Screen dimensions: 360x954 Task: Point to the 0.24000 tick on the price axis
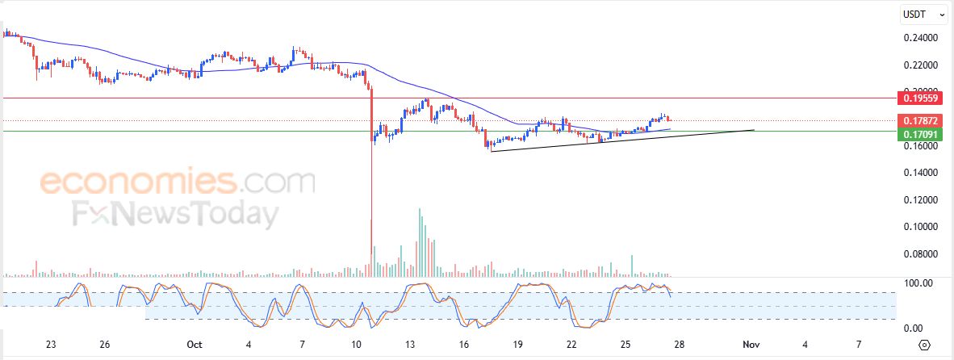click(x=921, y=38)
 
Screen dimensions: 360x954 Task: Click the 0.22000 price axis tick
click(x=921, y=65)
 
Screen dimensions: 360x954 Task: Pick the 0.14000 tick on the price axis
click(x=921, y=173)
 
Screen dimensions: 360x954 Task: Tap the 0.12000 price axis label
click(x=921, y=199)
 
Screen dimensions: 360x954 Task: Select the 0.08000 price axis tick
click(x=921, y=254)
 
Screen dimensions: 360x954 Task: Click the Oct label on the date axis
click(x=194, y=345)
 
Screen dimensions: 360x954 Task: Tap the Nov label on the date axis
click(x=751, y=345)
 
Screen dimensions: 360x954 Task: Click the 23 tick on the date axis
click(x=52, y=345)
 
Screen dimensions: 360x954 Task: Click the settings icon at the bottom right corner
click(x=925, y=345)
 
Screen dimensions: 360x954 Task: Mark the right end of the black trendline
click(x=755, y=129)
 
